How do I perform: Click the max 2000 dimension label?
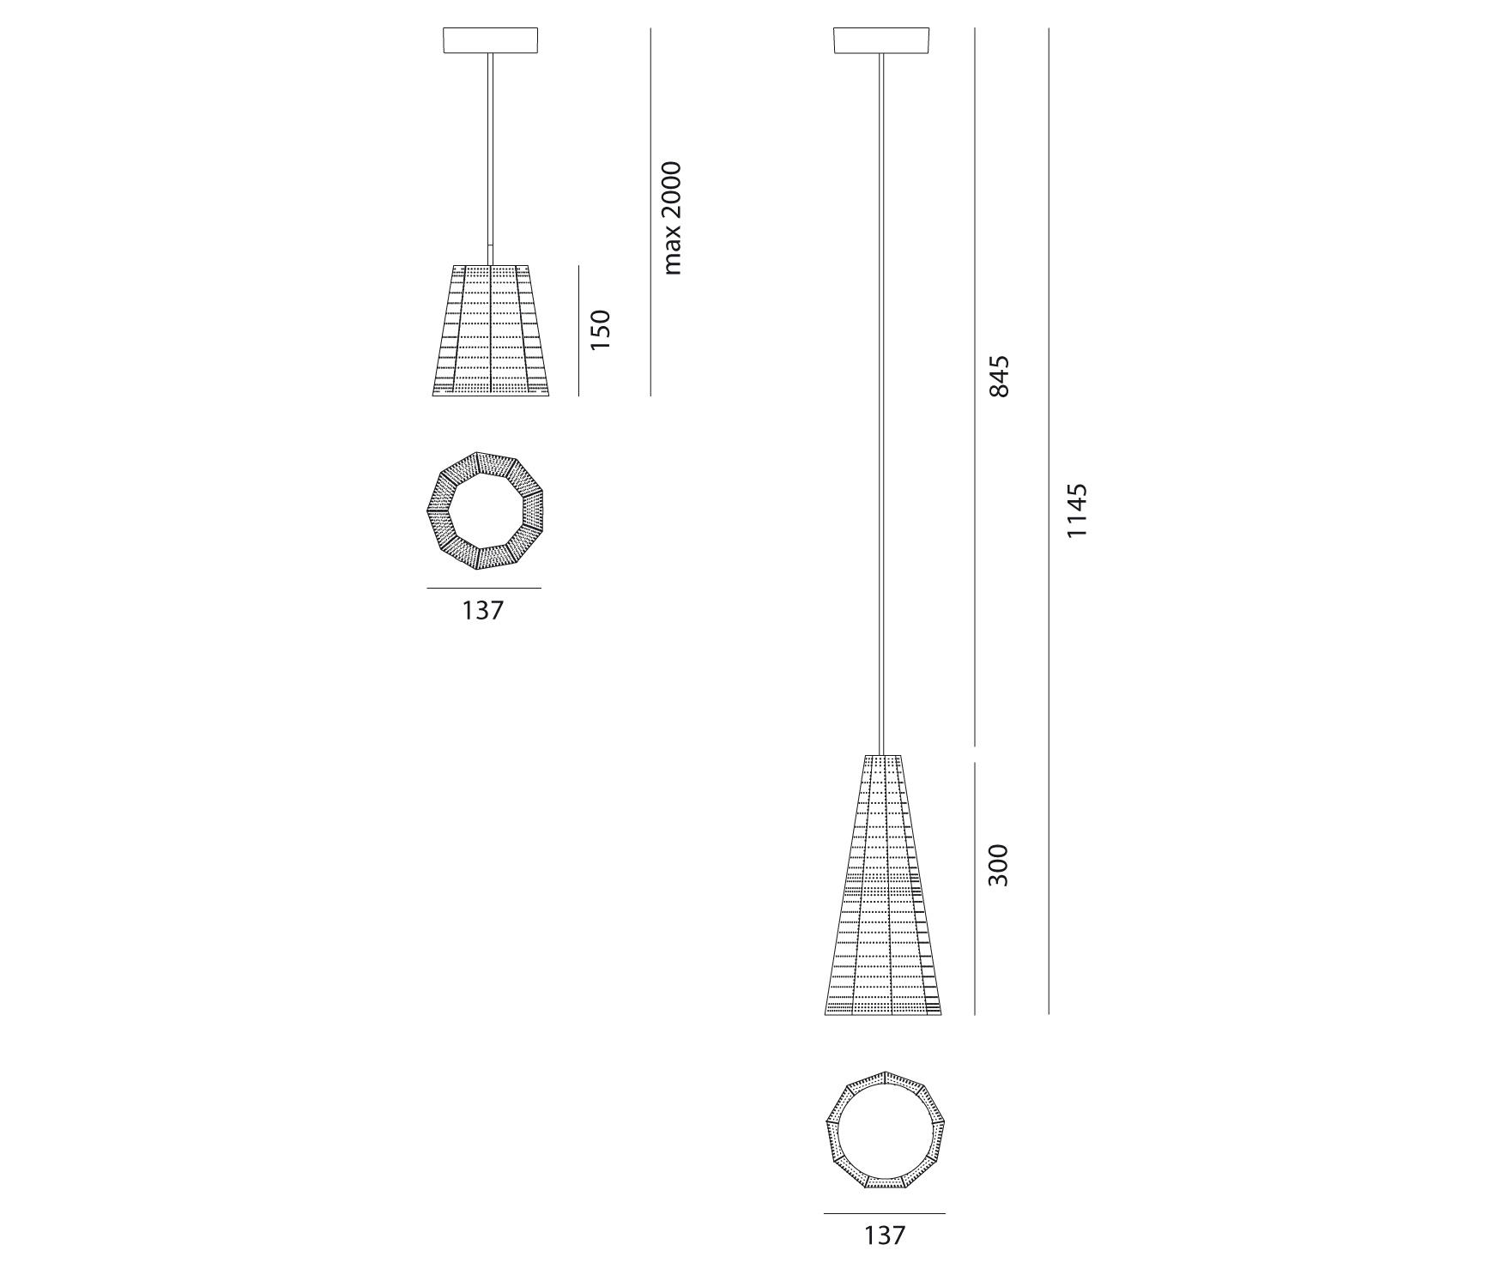[x=672, y=218]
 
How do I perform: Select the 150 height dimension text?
[x=600, y=329]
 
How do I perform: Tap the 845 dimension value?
[x=1000, y=376]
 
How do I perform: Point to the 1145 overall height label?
[x=1076, y=511]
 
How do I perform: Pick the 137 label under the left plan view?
[x=483, y=610]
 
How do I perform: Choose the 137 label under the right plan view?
[x=884, y=1235]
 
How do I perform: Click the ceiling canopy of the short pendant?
[x=490, y=40]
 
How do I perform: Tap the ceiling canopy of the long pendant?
[x=881, y=40]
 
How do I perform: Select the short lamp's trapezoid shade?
[x=490, y=330]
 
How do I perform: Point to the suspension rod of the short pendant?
[x=490, y=154]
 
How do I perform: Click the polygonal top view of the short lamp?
[x=486, y=511]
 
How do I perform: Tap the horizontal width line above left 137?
[x=484, y=588]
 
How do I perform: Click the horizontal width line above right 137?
[x=884, y=1213]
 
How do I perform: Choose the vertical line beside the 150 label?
[x=578, y=330]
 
